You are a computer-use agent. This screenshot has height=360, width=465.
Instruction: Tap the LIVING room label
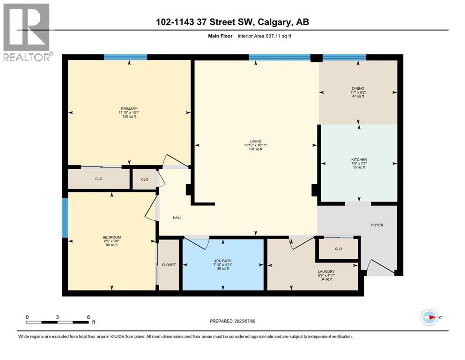pos(255,142)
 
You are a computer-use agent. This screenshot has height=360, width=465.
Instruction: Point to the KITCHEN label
pos(359,160)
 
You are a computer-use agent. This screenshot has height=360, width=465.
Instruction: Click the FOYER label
pos(377,225)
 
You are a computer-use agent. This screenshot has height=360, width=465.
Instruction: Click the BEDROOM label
pos(111,237)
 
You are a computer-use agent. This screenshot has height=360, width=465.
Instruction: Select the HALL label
pos(177,217)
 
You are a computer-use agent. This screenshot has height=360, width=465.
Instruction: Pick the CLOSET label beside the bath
pos(169,265)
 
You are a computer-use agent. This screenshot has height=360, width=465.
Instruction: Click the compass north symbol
pos(429,317)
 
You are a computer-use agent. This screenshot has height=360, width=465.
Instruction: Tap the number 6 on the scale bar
pos(88,317)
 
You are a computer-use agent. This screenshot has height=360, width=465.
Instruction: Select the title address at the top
pos(232,22)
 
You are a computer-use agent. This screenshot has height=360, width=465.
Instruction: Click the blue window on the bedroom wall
pos(65,217)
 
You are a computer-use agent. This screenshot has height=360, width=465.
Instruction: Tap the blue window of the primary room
pos(125,57)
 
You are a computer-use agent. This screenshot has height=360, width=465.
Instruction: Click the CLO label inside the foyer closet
pos(338,249)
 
